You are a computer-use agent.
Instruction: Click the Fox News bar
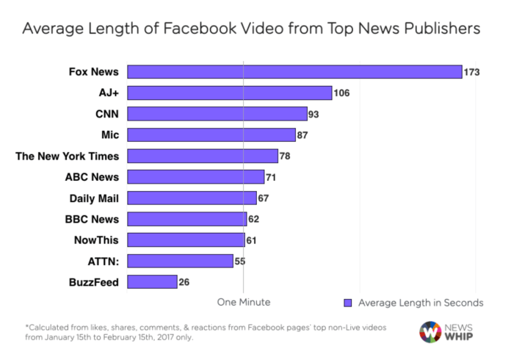[294, 72]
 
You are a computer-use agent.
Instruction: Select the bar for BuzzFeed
[152, 281]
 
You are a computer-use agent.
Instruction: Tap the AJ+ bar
[230, 93]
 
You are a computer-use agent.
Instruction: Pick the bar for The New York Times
[203, 156]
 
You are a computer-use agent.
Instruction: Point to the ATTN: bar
[181, 261]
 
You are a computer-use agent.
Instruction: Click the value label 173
[472, 72]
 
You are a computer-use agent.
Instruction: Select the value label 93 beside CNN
[316, 114]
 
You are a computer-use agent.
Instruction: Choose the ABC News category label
[93, 176]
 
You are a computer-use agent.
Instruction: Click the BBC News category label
[93, 218]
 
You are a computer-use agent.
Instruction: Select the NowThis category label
[96, 240]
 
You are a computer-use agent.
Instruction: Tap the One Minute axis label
[243, 302]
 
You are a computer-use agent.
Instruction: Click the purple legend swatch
[349, 303]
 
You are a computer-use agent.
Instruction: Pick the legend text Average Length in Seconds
[421, 303]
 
